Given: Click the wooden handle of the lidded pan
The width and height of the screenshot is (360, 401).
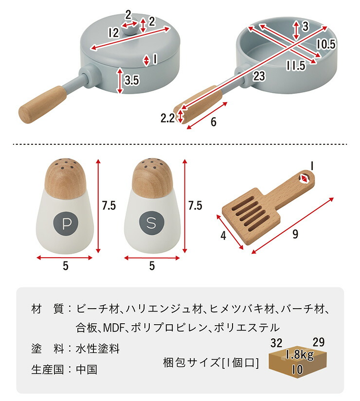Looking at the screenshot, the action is [42, 105].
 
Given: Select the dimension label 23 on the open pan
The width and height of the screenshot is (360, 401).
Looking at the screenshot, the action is [259, 76].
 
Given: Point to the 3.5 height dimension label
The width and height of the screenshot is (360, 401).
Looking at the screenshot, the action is [132, 80].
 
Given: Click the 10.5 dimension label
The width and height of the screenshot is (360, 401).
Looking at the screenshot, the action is [325, 44].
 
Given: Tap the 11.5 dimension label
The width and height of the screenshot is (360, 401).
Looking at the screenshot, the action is [296, 66].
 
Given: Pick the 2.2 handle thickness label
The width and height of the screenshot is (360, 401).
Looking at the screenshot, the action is [168, 118].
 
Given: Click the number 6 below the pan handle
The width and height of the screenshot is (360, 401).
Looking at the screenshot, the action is [213, 122].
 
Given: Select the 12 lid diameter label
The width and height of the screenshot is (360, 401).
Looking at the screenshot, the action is [114, 33].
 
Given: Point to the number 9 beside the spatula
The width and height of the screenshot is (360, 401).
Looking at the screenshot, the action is [295, 234].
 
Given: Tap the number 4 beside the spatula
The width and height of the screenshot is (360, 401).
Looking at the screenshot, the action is [223, 235].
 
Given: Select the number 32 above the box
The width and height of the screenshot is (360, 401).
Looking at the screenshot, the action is [276, 343].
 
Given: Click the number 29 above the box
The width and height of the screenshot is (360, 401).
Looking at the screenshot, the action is [319, 342].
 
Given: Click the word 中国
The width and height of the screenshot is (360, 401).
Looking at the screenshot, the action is [87, 369].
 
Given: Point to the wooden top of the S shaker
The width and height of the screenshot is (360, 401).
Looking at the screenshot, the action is [151, 178].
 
